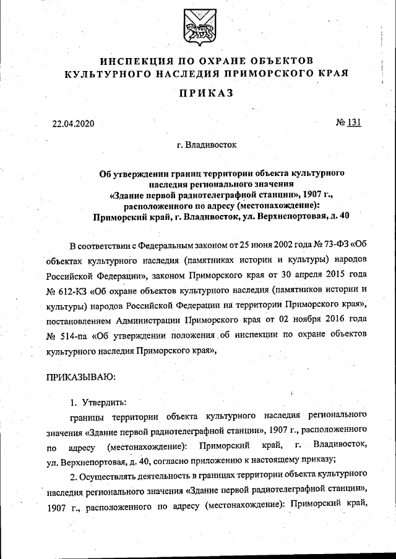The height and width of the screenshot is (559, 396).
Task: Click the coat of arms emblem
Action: (x=197, y=28)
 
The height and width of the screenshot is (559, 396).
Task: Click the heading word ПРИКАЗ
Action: (x=197, y=93)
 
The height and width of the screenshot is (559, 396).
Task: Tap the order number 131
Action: (x=354, y=122)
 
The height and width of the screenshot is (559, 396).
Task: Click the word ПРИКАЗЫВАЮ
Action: (x=81, y=376)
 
